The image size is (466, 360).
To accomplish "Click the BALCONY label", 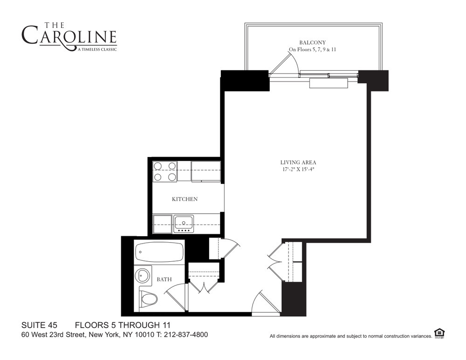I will tap(312, 42).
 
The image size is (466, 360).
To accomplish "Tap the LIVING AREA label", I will tap(298, 162).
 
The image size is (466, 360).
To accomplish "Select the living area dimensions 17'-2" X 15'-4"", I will tap(298, 170).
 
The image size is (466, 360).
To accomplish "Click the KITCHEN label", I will tap(185, 199).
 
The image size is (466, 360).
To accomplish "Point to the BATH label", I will tap(164, 279).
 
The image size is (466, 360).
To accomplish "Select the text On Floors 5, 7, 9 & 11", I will tap(312, 49).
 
